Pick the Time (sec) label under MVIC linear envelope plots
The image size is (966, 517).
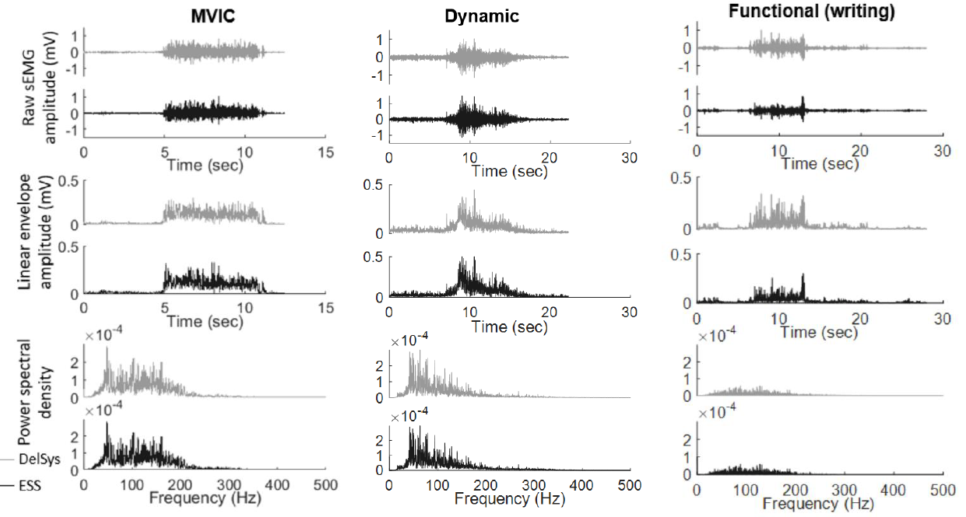[204, 320]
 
